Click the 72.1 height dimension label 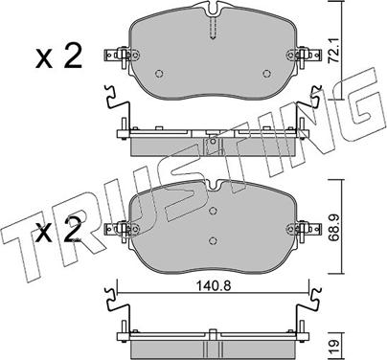point(334,51)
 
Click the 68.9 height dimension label point(334,227)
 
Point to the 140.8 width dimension point(214,286)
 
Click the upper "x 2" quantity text point(58,56)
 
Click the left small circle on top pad point(159,74)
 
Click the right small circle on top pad point(266,74)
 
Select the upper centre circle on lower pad point(213,211)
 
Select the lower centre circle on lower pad point(213,240)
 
